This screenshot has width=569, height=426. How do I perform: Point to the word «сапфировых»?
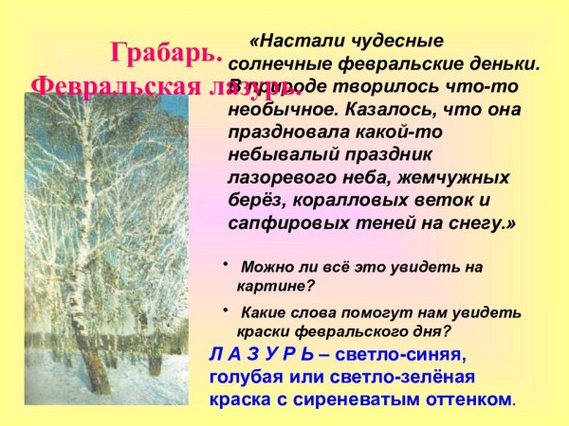pyautogui.click(x=282, y=223)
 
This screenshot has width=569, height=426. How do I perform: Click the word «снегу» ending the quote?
pyautogui.click(x=487, y=223)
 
